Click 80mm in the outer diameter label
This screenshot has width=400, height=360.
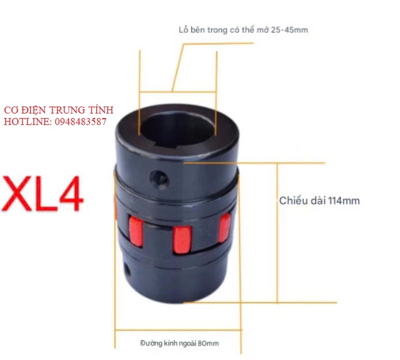209,343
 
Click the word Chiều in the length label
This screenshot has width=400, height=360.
293,201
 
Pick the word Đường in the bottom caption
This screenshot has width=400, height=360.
152,343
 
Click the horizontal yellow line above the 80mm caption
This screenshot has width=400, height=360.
177,330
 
